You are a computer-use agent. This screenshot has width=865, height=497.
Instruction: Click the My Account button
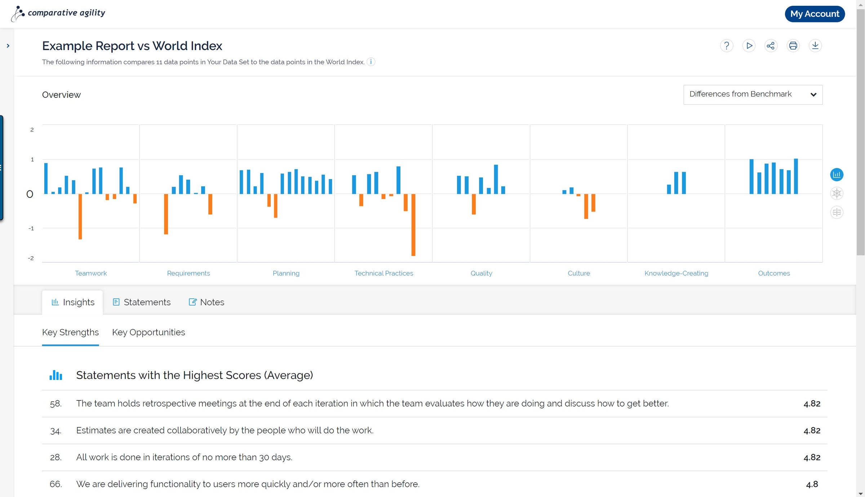tap(815, 14)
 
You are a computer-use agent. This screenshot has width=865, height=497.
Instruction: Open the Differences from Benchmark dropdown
tap(753, 94)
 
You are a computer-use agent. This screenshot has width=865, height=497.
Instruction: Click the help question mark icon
tap(726, 46)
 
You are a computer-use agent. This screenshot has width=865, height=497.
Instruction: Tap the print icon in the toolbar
tap(793, 46)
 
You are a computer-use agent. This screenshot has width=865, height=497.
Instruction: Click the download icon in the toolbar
tap(815, 46)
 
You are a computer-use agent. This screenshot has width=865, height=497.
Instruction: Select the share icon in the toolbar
tap(771, 46)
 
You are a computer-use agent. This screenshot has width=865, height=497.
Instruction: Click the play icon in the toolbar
tap(749, 46)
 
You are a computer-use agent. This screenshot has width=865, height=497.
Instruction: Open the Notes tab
tap(207, 302)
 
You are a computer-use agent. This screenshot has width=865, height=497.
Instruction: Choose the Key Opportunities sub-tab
tap(148, 332)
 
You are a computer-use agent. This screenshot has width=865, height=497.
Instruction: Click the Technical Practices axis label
tap(383, 273)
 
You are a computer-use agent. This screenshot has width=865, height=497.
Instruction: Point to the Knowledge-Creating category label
tap(676, 273)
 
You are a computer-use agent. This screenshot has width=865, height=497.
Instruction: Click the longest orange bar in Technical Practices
tap(413, 225)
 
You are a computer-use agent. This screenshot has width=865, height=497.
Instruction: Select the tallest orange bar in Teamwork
tap(80, 216)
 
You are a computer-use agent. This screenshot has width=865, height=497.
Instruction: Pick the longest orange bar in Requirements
tap(166, 214)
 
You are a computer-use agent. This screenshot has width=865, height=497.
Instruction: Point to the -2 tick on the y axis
tap(31, 258)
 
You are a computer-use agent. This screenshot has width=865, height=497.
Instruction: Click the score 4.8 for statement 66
tap(812, 484)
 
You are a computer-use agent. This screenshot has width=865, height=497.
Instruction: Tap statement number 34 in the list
tap(56, 431)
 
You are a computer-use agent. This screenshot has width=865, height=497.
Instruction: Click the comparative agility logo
tap(58, 13)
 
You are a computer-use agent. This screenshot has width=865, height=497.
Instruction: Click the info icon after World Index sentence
tap(371, 62)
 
